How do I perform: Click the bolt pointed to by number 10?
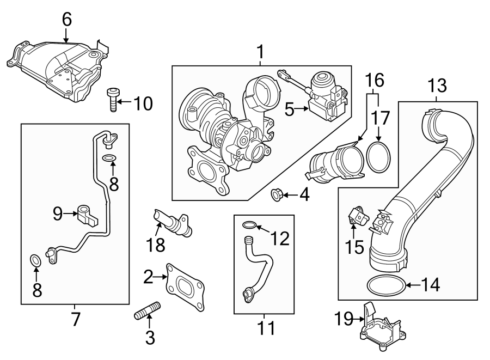click(x=113, y=100)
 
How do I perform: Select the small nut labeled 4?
click(x=276, y=194)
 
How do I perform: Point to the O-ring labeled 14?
click(x=385, y=284)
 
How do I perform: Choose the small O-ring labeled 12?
click(x=249, y=225)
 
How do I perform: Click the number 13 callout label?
click(x=438, y=86)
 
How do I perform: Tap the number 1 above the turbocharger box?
click(x=260, y=53)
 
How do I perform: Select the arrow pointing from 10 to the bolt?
click(x=125, y=101)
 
